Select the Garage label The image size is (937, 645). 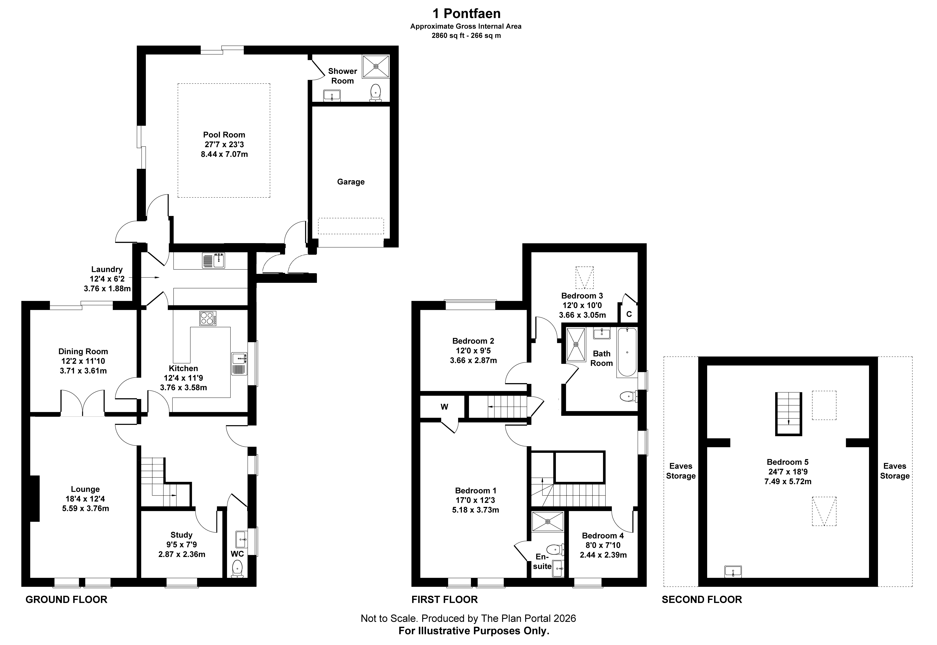tap(351, 182)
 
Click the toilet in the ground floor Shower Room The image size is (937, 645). tap(376, 93)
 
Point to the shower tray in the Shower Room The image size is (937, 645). tap(376, 66)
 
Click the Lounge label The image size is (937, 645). tap(85, 489)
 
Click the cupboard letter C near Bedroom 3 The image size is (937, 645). tap(629, 314)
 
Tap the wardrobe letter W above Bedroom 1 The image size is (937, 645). tap(444, 407)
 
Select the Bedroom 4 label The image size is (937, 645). tap(603, 536)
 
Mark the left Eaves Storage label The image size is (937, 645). tap(681, 471)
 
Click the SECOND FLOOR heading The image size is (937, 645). tap(702, 599)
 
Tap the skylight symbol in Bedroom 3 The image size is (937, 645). tap(585, 277)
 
